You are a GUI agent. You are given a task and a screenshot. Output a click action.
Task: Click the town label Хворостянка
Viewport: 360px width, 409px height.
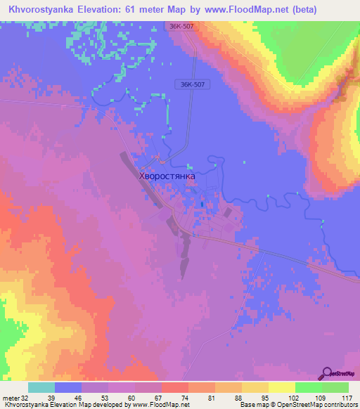click(167, 176)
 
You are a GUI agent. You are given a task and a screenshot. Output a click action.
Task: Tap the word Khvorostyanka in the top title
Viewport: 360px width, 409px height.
click(40, 10)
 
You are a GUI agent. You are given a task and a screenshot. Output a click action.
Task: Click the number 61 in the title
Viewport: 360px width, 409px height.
click(142, 10)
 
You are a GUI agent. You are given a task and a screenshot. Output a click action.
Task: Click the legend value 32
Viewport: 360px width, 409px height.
click(25, 398)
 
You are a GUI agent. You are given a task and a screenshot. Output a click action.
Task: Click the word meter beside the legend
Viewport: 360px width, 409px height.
click(11, 398)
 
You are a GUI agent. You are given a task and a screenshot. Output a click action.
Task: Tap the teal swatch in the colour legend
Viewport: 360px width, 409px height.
click(41, 387)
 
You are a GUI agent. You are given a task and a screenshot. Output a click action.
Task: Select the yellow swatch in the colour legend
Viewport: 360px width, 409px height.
click(282, 387)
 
